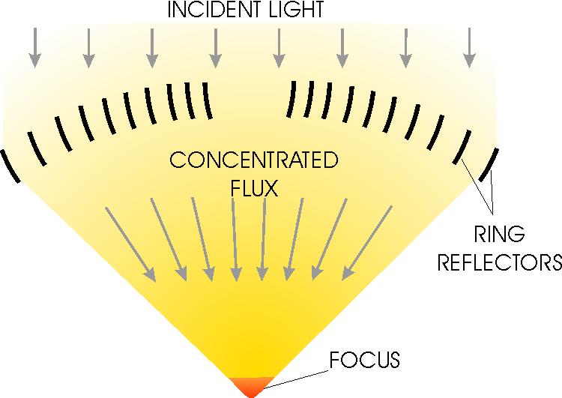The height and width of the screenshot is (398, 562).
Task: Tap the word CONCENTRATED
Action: coord(254,160)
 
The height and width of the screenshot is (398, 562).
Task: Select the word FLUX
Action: coord(255,188)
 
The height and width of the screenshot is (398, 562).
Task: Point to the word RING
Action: coord(500,235)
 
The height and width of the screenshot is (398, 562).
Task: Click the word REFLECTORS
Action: coord(500,262)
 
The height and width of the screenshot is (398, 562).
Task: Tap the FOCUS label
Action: coord(364,360)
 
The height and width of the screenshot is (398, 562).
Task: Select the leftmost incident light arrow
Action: coord(34,48)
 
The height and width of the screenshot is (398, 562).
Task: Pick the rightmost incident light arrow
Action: coord(469,48)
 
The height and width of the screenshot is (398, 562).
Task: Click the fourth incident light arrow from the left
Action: coord(215,48)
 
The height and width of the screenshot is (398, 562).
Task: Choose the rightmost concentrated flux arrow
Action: coord(367,243)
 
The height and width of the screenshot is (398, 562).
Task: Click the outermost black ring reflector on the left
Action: coord(10,166)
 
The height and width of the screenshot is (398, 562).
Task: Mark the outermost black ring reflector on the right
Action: coord(488,165)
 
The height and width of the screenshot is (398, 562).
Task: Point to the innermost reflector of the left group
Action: coord(207,100)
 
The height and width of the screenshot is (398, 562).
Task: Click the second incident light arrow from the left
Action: coord(88,48)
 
